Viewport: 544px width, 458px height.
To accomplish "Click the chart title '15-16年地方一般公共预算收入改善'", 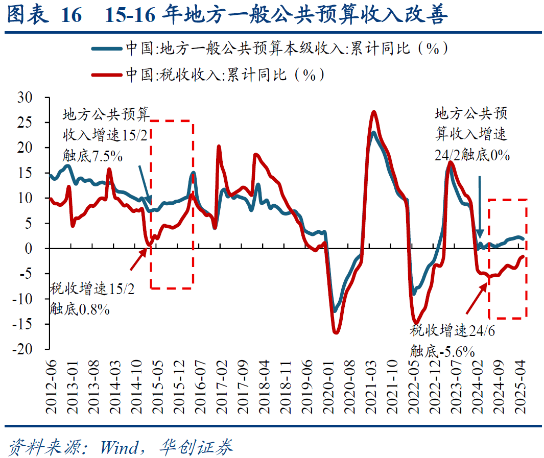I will point(276,16).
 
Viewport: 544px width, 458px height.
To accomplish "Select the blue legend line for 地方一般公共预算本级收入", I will point(107,49).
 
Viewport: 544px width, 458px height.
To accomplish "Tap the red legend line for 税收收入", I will point(107,75).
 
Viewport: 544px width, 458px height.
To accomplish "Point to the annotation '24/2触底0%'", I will point(472,155).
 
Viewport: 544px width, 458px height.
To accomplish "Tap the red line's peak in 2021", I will point(374,112).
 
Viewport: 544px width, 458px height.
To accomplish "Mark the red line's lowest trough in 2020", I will point(336,333).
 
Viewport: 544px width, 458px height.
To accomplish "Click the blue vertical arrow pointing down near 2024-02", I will point(480,204).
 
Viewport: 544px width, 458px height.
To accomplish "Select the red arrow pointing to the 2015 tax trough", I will point(139,259).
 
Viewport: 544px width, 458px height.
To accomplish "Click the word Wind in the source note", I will point(119,447).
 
